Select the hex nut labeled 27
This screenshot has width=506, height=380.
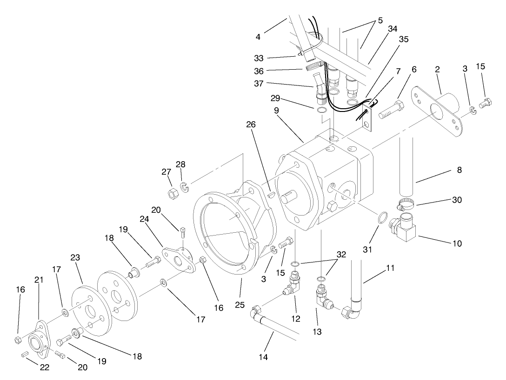point(171,194)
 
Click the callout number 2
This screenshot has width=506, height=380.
point(437,69)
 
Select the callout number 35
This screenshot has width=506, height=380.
point(403,39)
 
